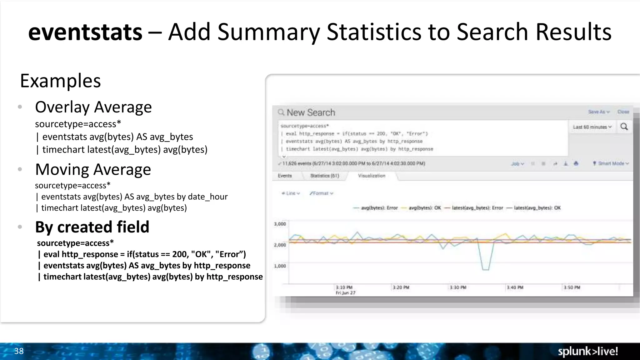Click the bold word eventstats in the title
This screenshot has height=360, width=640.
tap(85, 32)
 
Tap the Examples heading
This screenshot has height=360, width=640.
tap(60, 81)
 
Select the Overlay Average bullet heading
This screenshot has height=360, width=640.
tap(93, 107)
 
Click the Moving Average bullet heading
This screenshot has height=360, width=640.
tap(93, 169)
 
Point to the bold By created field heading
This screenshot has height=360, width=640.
tap(92, 227)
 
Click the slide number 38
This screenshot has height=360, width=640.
tap(19, 351)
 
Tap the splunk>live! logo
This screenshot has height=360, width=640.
tap(587, 351)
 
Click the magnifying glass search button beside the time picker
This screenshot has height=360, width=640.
tap(624, 127)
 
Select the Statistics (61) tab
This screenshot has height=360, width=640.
tap(324, 176)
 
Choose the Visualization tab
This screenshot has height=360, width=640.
tap(372, 176)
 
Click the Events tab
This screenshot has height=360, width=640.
tap(284, 176)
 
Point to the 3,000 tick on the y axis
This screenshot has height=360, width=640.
tap(280, 224)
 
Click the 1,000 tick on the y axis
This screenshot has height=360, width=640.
tap(280, 266)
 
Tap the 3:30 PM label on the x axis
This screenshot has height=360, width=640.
tap(458, 287)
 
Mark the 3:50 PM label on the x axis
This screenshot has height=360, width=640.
tap(572, 287)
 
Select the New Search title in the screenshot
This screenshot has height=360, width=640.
tap(311, 112)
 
